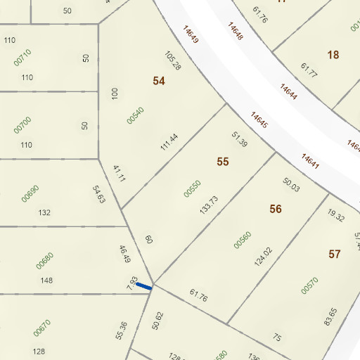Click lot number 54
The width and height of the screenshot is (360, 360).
pyautogui.click(x=159, y=81)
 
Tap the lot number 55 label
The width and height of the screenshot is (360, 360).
pyautogui.click(x=223, y=162)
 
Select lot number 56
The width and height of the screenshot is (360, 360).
pyautogui.click(x=276, y=209)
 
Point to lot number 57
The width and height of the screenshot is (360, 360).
pyautogui.click(x=334, y=254)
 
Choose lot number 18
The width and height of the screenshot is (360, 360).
pyautogui.click(x=333, y=54)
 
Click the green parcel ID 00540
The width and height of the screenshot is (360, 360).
pyautogui.click(x=135, y=115)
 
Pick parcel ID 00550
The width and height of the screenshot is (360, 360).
pyautogui.click(x=192, y=188)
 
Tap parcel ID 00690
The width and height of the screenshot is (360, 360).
pyautogui.click(x=30, y=193)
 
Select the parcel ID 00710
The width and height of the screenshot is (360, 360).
pyautogui.click(x=23, y=58)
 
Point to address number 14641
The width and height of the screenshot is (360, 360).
pyautogui.click(x=311, y=162)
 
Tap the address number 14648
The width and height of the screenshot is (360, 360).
pyautogui.click(x=235, y=30)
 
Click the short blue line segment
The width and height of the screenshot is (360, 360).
pyautogui.click(x=143, y=286)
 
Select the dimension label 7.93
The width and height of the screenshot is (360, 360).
pyautogui.click(x=131, y=283)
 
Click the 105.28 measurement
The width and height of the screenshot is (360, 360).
pyautogui.click(x=173, y=61)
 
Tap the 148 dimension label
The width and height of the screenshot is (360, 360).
pyautogui.click(x=47, y=281)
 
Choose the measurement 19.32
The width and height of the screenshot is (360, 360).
pyautogui.click(x=337, y=215)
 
